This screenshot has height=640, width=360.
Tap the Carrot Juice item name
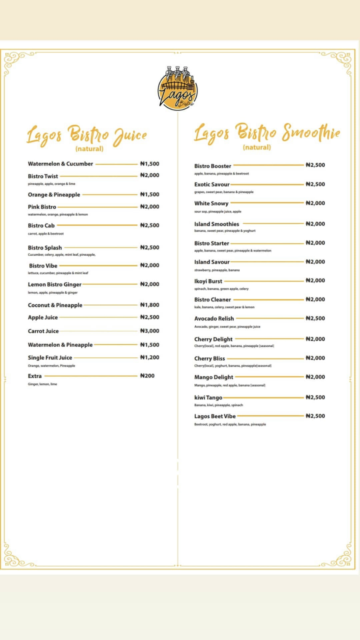click(43, 331)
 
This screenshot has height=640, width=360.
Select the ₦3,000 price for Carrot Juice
click(150, 331)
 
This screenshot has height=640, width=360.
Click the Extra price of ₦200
click(147, 376)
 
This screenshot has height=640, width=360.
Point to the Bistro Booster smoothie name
click(212, 166)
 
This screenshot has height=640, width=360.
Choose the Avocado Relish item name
click(214, 319)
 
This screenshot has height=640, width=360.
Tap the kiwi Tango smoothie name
click(208, 398)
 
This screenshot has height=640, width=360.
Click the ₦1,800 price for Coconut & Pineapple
click(150, 305)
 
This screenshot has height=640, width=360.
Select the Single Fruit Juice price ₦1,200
click(150, 357)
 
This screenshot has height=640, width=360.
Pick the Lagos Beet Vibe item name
click(215, 416)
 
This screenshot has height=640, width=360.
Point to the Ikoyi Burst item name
click(208, 281)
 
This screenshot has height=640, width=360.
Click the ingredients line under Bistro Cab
click(46, 234)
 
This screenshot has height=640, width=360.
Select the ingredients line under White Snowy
click(218, 212)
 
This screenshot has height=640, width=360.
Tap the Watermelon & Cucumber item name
click(60, 164)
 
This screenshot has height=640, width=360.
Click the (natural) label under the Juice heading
click(89, 149)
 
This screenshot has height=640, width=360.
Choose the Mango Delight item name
click(214, 377)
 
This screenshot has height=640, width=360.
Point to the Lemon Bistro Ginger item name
click(54, 284)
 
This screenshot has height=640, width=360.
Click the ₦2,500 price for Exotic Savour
click(315, 184)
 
